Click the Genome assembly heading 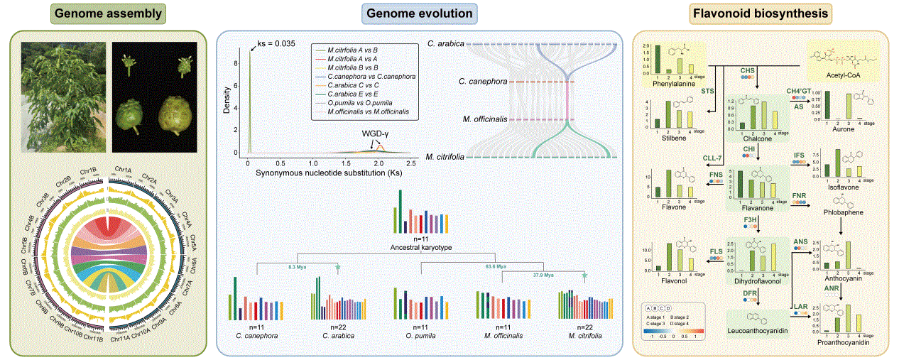coord(109,13)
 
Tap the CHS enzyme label coord(747,71)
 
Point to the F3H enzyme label coord(750,222)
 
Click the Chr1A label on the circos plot coord(123,170)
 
